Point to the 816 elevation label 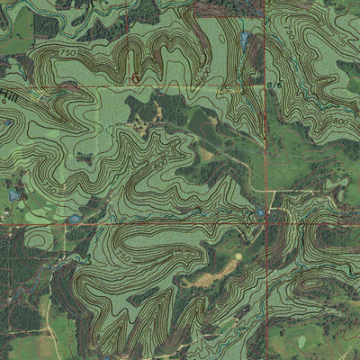pyautogui.click(x=274, y=85)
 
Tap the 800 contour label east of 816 pyautogui.click(x=339, y=120)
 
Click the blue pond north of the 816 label pyautogui.click(x=245, y=40)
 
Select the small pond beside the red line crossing pyautogui.click(x=260, y=212)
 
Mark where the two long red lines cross pyautogui.click(x=266, y=222)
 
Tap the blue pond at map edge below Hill pyautogui.click(x=13, y=193)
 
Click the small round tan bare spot pyautogui.click(x=238, y=256)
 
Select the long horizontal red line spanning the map pyautogui.click(x=135, y=223)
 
